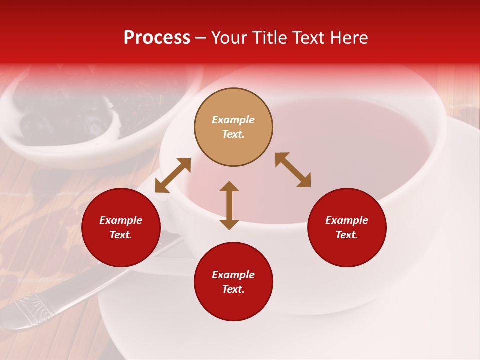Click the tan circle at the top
click(x=233, y=127)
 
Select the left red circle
click(x=121, y=228)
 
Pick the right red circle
click(x=347, y=228)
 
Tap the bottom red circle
click(x=233, y=282)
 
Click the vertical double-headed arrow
click(x=229, y=205)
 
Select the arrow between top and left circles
click(x=173, y=175)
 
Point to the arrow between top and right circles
click(x=293, y=170)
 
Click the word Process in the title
click(x=157, y=38)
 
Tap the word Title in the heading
click(x=271, y=38)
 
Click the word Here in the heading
click(x=349, y=38)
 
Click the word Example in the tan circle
click(x=233, y=120)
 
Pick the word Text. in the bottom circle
click(x=233, y=289)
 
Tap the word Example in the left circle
click(x=121, y=220)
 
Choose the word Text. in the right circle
click(x=347, y=235)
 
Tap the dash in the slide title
click(x=201, y=38)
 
